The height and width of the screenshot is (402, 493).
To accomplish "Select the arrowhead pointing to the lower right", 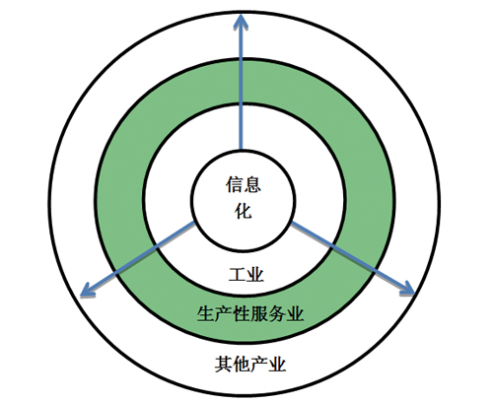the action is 407,289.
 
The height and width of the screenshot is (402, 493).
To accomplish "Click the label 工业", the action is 246,275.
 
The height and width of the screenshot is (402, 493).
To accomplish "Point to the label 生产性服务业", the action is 250,313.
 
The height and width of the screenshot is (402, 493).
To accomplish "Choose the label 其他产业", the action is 250,364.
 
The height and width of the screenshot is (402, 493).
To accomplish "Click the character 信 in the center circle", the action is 234,184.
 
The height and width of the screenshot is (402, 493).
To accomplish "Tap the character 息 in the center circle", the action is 252,184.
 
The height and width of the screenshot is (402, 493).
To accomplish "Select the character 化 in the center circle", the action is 244,211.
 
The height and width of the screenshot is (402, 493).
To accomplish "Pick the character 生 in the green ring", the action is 206,313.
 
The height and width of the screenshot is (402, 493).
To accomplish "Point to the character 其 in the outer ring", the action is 224,364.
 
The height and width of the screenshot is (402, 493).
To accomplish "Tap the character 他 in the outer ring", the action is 242,364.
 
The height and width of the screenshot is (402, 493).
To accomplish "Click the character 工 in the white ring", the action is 237,275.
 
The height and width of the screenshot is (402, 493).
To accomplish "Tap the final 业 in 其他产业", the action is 277,364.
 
